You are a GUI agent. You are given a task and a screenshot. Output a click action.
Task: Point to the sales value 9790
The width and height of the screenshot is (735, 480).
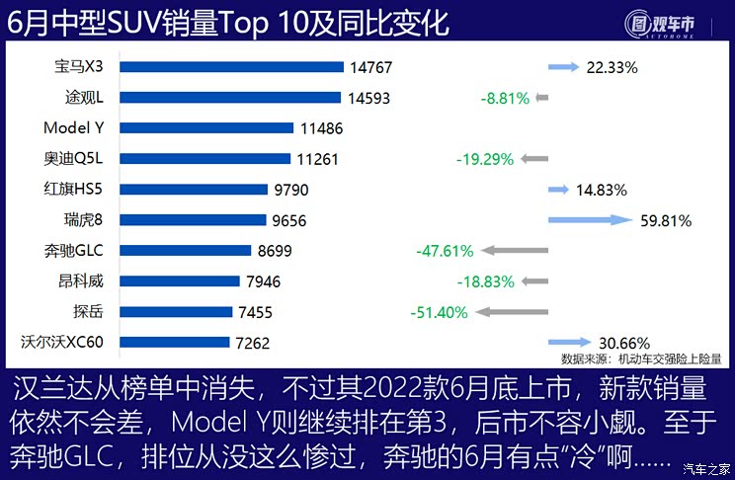tap(292, 190)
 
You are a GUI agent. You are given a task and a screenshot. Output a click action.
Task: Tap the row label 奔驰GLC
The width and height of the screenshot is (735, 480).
tap(82, 251)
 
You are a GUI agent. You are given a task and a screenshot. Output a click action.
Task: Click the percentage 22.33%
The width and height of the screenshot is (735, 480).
tap(612, 67)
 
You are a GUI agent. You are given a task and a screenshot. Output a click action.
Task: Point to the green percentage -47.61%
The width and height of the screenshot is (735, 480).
tap(445, 251)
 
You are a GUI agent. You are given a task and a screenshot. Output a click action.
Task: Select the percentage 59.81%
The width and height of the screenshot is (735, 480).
tap(665, 220)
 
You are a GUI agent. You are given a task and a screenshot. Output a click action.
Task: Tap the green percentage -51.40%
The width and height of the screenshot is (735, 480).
tap(439, 312)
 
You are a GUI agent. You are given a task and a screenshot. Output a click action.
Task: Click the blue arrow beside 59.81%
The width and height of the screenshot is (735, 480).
tap(590, 220)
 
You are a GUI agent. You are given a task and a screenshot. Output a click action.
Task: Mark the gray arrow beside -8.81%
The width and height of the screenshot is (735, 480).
tap(541, 98)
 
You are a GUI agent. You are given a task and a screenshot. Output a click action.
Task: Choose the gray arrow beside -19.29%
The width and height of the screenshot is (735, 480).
tap(534, 159)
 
